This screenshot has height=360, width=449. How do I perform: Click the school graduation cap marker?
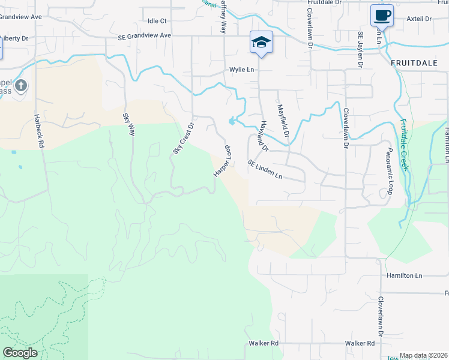[261, 42]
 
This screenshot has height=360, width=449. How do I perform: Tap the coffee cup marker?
[381, 14]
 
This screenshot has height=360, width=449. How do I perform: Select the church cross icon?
[21, 85]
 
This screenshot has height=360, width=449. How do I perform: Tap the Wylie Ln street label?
[242, 70]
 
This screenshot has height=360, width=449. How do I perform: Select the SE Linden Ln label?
[265, 169]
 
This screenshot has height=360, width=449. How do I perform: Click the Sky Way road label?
[128, 124]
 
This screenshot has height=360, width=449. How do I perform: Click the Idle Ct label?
[156, 20]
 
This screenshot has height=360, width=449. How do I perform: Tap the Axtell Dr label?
[419, 19]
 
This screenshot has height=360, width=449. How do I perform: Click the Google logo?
[20, 352]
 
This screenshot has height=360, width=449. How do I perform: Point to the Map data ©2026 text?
[423, 356]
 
